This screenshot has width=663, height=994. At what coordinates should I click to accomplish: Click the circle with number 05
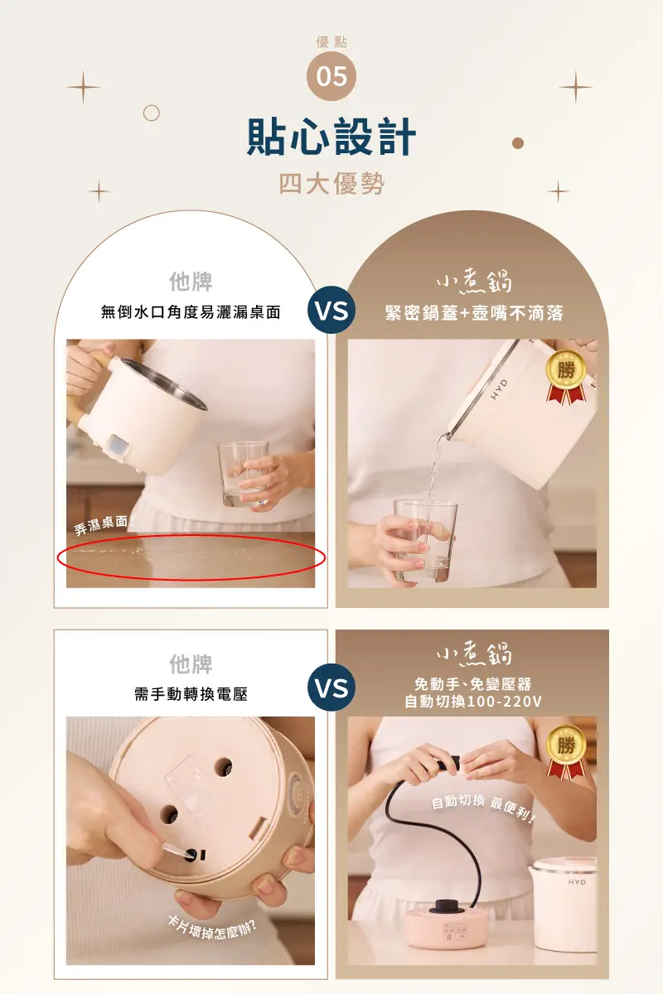331,76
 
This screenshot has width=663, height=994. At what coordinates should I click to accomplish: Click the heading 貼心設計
331,136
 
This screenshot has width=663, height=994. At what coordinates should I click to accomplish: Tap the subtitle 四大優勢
331,183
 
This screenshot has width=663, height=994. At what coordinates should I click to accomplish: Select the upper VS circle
331,310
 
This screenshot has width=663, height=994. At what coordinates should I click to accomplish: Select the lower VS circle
331,688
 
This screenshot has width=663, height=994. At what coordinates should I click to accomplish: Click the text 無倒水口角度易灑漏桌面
191,312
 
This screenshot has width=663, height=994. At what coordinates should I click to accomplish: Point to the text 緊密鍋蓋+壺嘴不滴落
474,313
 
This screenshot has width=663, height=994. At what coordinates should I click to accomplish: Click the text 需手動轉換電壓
191,694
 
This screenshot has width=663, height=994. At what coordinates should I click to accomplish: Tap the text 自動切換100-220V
473,702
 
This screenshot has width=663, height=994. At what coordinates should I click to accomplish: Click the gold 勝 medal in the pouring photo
566,377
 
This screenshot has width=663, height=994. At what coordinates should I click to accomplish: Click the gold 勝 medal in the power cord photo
566,753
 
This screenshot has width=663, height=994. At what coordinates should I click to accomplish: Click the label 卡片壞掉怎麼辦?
212,928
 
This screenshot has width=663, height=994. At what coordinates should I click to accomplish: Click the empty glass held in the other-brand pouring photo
243,475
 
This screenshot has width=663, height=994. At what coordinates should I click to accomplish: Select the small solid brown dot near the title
518,143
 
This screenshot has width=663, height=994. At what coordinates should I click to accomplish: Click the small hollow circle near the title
152,113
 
